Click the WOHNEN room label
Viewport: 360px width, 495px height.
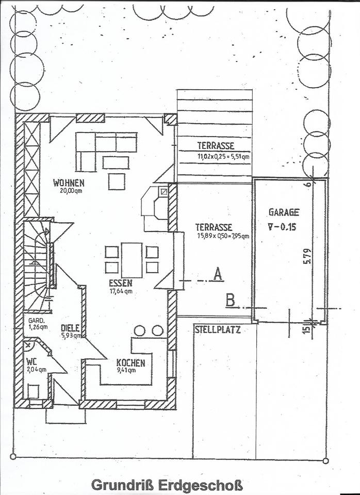tap(69, 183)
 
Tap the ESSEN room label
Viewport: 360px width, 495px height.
tap(121, 283)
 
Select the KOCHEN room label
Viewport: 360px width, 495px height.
tap(130, 362)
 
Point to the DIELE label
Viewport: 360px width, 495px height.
tap(70, 327)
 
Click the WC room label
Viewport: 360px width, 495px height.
tap(32, 361)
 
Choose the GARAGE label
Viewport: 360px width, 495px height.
tap(284, 211)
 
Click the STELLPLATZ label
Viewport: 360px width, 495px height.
tap(218, 329)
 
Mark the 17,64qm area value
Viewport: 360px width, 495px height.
tap(121, 290)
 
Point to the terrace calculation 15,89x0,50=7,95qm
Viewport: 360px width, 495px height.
tap(222, 236)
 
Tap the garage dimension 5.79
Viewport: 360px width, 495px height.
tap(307, 257)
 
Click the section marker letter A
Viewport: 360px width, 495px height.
tap(218, 274)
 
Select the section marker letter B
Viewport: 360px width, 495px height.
tap(231, 300)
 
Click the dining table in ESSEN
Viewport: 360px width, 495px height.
tap(132, 259)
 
